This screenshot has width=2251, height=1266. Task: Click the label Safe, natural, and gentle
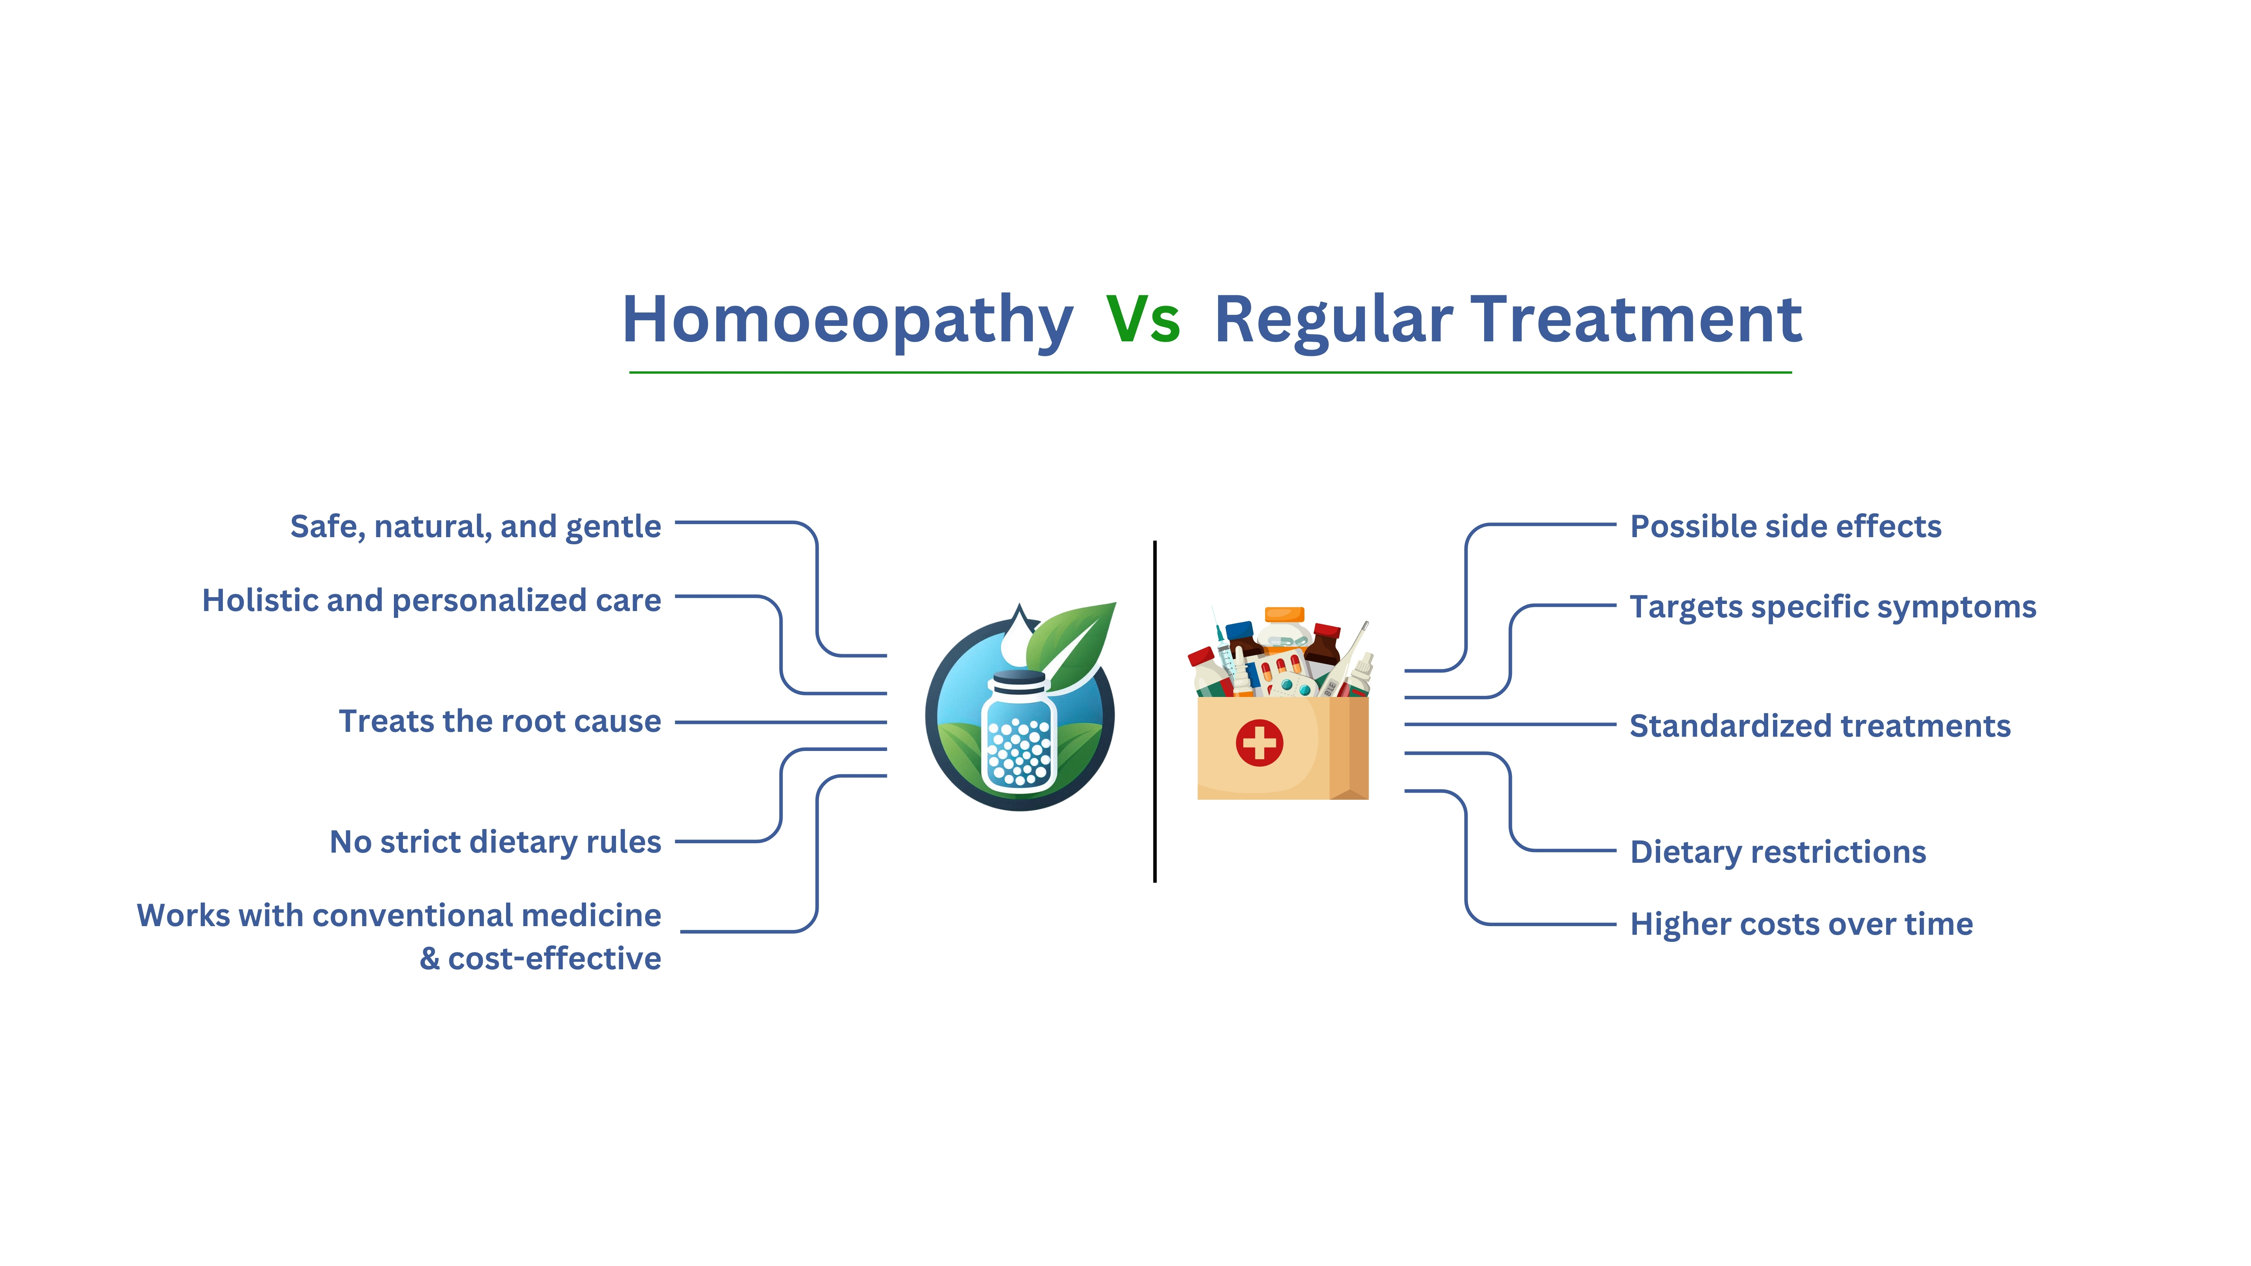tap(475, 527)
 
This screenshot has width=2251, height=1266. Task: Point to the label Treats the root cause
tap(500, 722)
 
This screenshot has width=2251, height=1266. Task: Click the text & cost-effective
tap(540, 958)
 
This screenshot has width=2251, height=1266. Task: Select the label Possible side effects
tap(1785, 527)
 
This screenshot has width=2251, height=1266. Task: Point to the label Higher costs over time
tap(1801, 924)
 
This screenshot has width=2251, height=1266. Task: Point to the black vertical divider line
tap(1154, 711)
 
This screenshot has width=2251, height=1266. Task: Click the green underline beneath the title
tap(1210, 372)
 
